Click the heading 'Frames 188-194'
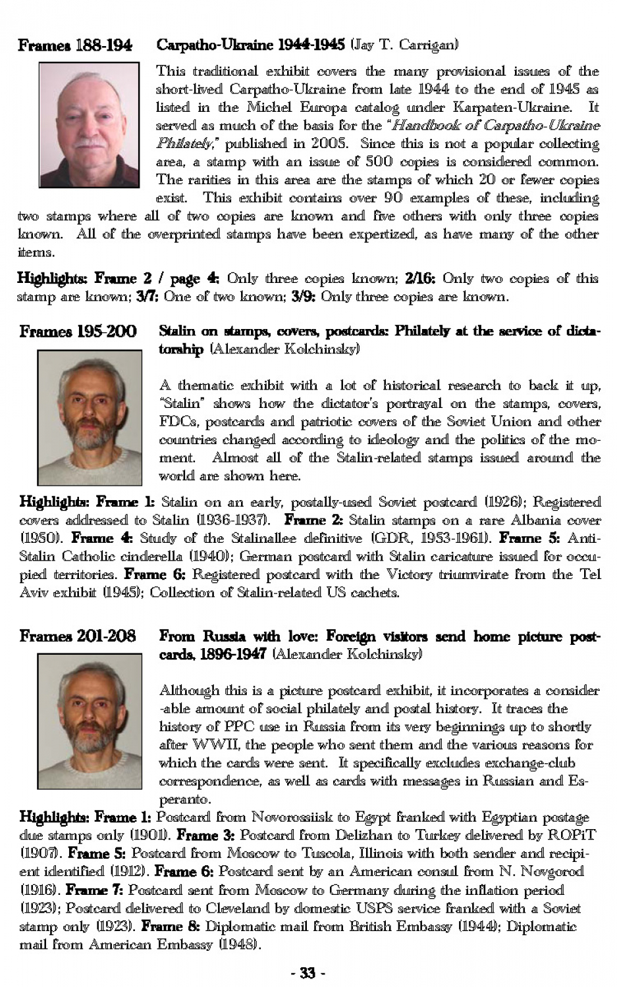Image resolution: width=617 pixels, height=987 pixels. tap(74, 45)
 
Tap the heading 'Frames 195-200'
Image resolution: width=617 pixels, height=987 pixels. tap(78, 331)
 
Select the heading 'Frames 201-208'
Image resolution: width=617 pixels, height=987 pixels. tap(78, 636)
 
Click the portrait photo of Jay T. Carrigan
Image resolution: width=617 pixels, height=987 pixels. tap(89, 125)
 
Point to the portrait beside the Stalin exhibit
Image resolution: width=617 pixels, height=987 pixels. tap(90, 417)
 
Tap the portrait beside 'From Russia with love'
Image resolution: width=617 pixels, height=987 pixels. tap(90, 721)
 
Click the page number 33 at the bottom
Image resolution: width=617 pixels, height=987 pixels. tap(308, 973)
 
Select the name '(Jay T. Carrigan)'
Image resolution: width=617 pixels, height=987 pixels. tap(404, 45)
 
